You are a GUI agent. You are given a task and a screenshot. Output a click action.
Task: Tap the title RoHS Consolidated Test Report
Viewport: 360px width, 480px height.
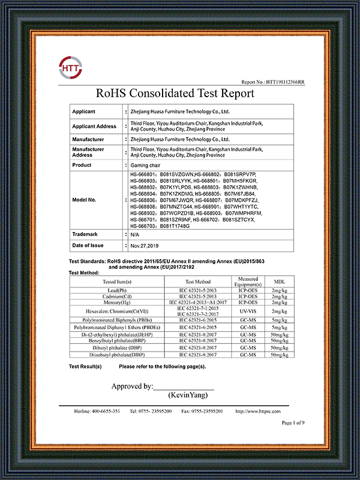pos(175,94)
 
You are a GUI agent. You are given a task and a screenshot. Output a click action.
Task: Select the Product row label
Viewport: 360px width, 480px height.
pos(82,164)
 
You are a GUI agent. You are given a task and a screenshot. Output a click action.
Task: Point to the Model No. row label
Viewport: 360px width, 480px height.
pos(85,200)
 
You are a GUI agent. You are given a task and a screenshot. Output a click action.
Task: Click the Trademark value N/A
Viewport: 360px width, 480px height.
pos(136,235)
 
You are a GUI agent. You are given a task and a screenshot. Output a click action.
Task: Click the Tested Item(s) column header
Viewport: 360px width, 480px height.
pos(117,281)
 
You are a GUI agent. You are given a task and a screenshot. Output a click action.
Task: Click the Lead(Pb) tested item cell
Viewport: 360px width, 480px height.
pos(117,290)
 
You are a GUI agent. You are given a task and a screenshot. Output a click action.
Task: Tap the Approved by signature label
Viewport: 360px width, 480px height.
pos(132,386)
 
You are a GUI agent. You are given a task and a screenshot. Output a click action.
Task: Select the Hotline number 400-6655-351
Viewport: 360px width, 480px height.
pos(97,412)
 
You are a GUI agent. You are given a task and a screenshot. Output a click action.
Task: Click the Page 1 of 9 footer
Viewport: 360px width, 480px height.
pos(293,423)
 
